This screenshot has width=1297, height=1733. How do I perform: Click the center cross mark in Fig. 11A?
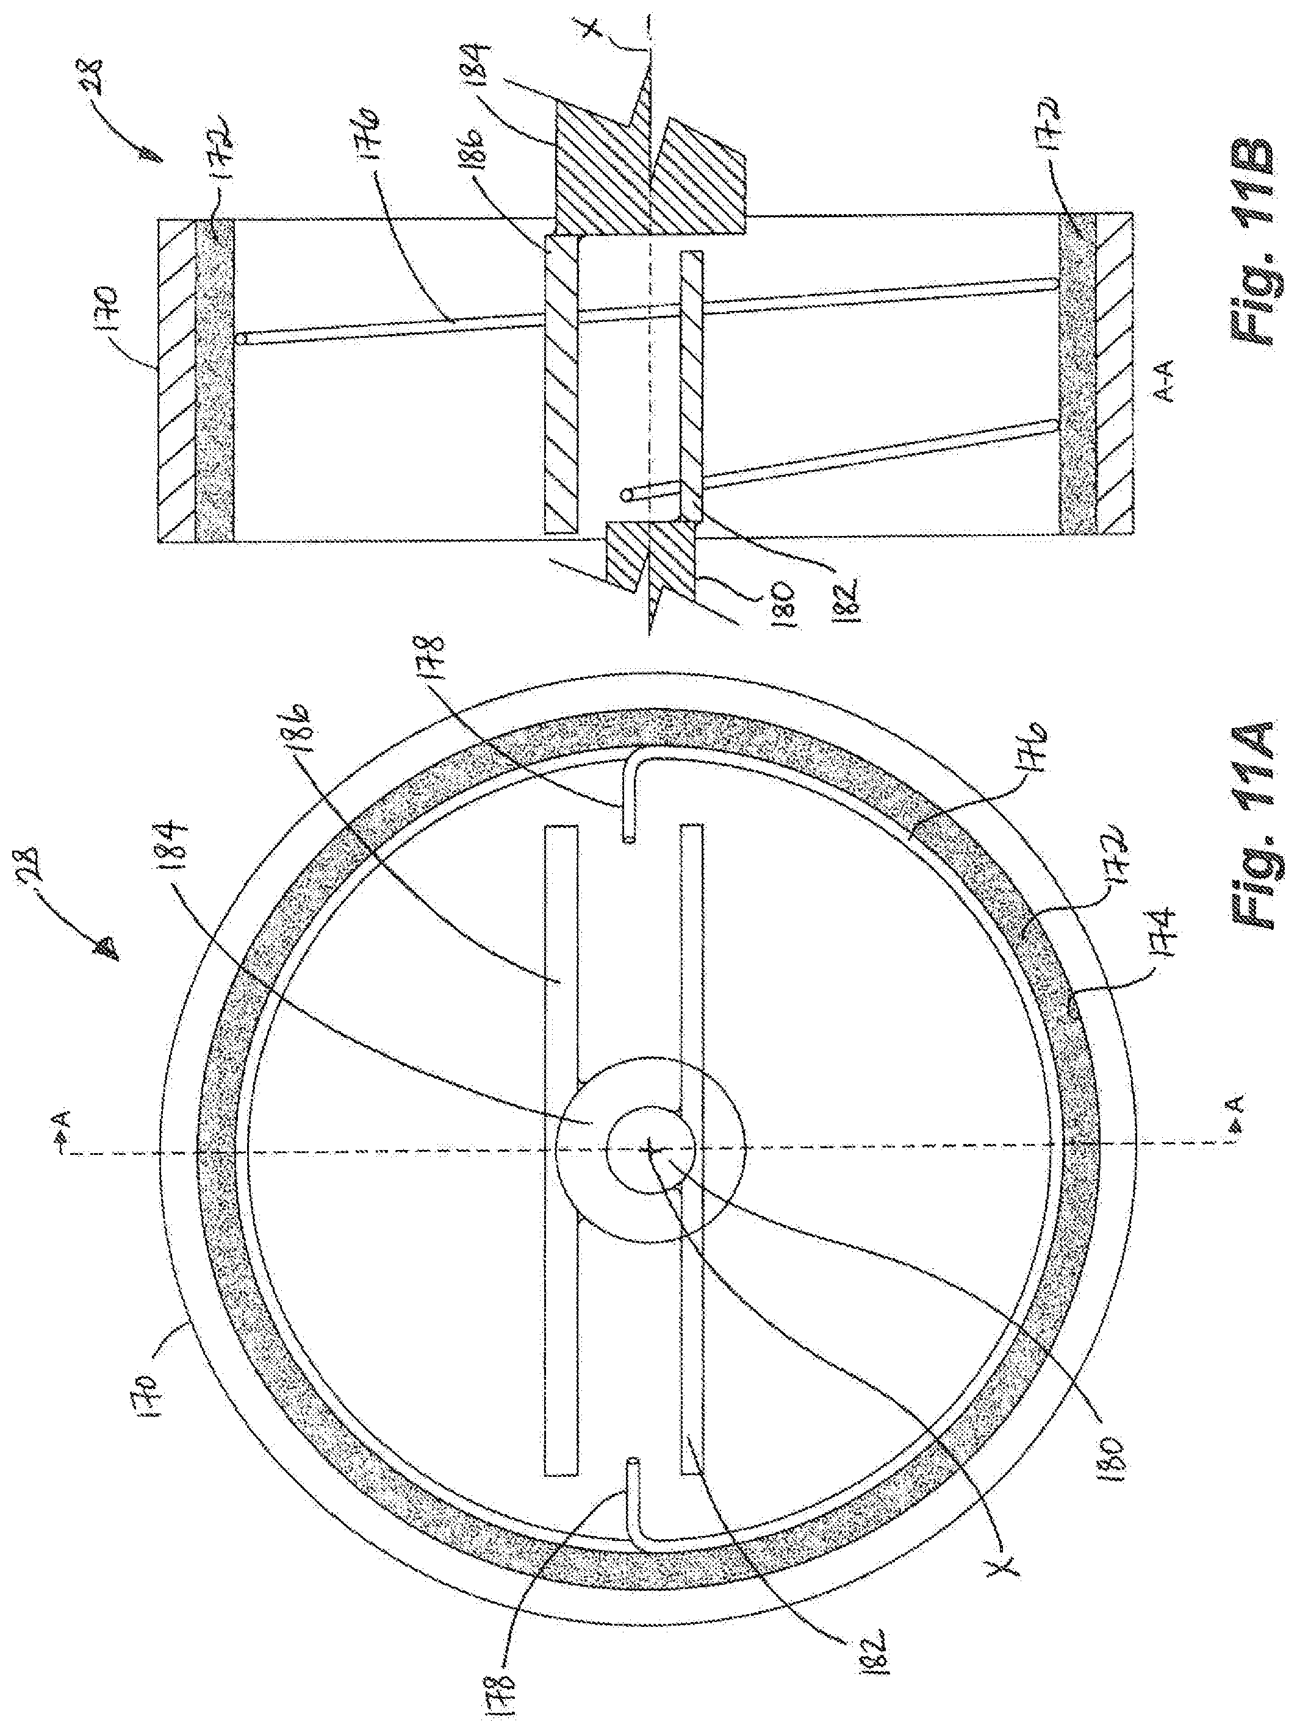click(x=650, y=1151)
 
